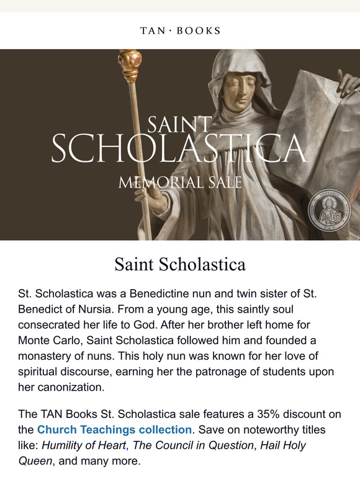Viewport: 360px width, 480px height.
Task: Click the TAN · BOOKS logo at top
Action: [179, 30]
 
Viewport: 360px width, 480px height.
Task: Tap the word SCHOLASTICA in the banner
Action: [179, 149]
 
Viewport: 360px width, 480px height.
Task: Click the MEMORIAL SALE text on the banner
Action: [179, 182]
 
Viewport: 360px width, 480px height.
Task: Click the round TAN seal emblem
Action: [330, 210]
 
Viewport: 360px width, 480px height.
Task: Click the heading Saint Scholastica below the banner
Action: [179, 265]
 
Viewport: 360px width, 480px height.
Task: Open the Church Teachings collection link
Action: [114, 429]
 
